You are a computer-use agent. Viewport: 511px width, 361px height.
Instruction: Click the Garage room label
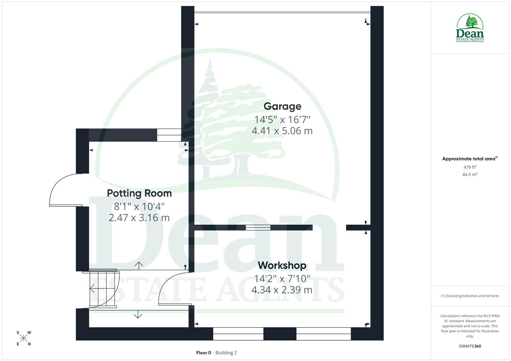pyautogui.click(x=282, y=106)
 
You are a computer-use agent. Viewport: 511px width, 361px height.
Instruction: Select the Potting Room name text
pyautogui.click(x=139, y=193)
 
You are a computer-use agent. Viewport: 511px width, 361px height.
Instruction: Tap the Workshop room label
pyautogui.click(x=282, y=265)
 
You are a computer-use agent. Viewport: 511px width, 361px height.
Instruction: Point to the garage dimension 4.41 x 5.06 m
pyautogui.click(x=282, y=131)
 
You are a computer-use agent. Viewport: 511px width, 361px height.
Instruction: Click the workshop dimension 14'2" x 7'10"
pyautogui.click(x=282, y=278)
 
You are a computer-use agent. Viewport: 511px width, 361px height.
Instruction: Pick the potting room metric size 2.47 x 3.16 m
pyautogui.click(x=139, y=218)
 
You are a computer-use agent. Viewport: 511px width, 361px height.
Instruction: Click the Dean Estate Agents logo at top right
pyautogui.click(x=470, y=28)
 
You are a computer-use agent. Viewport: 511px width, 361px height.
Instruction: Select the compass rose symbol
pyautogui.click(x=23, y=338)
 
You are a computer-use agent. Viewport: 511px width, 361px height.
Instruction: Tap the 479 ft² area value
pyautogui.click(x=470, y=167)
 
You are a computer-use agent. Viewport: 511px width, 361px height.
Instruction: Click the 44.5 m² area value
pyautogui.click(x=470, y=174)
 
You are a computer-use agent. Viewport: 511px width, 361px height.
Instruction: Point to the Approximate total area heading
pyautogui.click(x=469, y=159)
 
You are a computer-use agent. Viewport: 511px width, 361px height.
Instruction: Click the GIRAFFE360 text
pyautogui.click(x=470, y=346)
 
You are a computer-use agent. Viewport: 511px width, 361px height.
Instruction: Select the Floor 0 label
pyautogui.click(x=203, y=353)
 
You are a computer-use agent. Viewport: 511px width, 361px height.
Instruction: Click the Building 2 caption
pyautogui.click(x=226, y=353)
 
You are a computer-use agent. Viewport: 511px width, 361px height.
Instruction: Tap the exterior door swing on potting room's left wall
pyautogui.click(x=65, y=191)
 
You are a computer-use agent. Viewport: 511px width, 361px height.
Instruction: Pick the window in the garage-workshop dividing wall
pyautogui.click(x=258, y=228)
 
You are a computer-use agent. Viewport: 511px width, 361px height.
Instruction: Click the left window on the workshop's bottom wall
pyautogui.click(x=238, y=334)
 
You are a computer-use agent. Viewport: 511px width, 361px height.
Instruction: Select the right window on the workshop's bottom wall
pyautogui.click(x=323, y=334)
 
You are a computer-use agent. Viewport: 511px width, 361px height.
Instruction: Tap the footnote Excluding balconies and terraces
pyautogui.click(x=470, y=296)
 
